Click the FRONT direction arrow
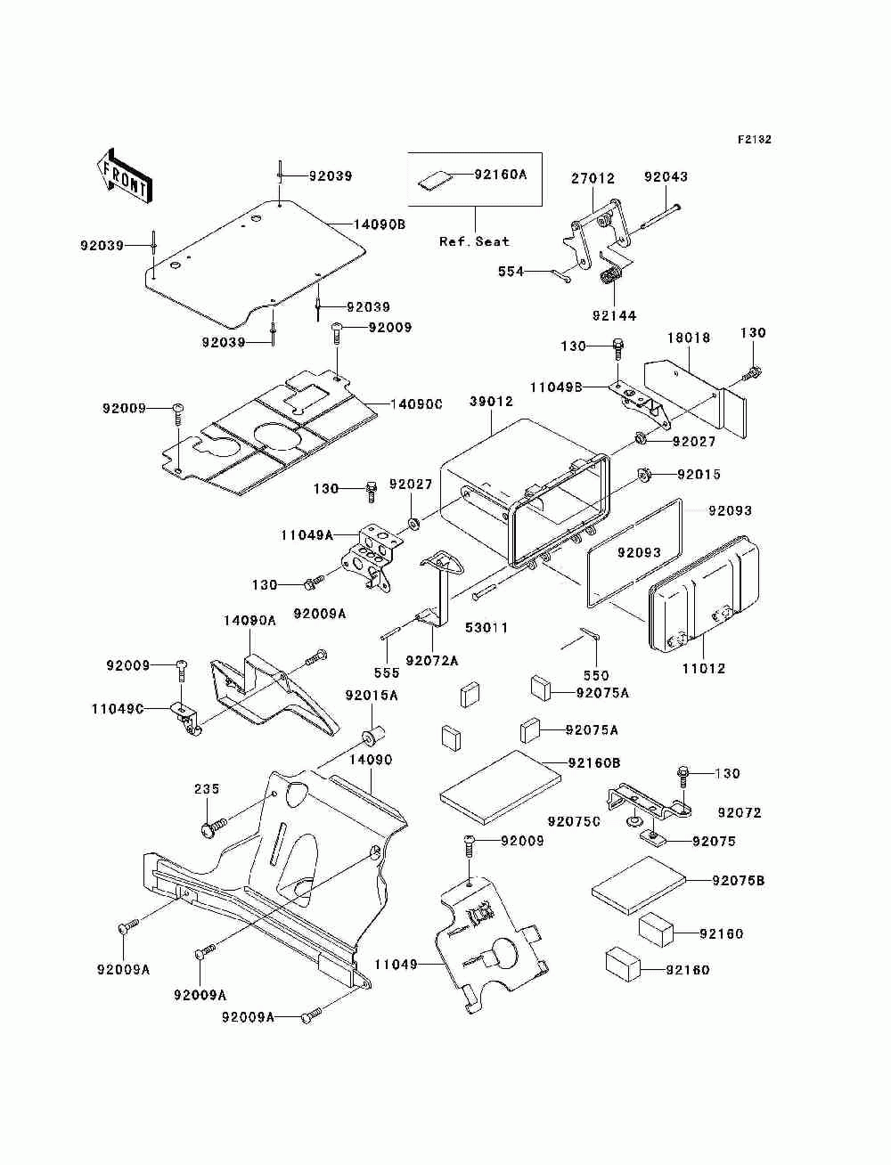pos(125,175)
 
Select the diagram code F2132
pos(754,140)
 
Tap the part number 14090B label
pos(380,224)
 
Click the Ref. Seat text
pos(474,241)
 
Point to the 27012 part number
pos(593,178)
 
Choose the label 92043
pos(666,176)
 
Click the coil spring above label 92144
pos(612,277)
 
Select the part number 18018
pos(689,338)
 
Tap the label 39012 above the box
pos(491,402)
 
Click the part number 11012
pos(704,668)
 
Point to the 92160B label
pos(594,762)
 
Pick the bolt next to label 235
pos(214,829)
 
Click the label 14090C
pos(416,404)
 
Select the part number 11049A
pos(307,535)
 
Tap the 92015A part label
pos(372,695)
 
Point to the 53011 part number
pos(486,627)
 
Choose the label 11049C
pos(118,709)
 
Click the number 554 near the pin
pos(511,272)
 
